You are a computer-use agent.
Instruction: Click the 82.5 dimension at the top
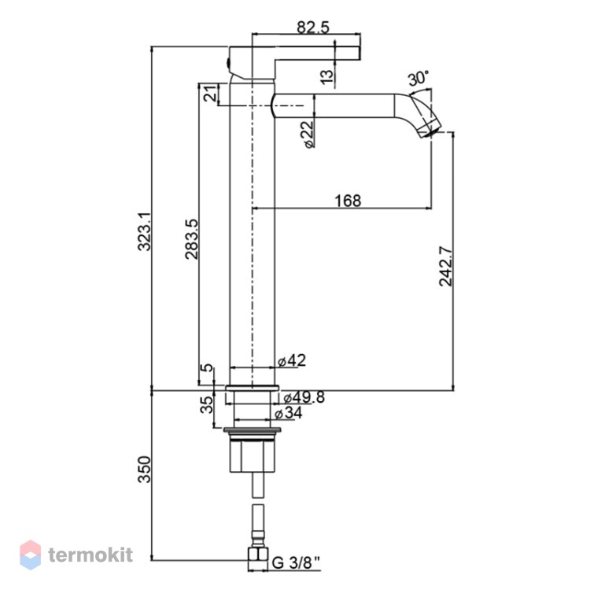(x=312, y=27)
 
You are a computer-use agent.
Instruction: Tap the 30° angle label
(x=419, y=78)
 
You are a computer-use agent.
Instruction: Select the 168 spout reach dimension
(x=348, y=201)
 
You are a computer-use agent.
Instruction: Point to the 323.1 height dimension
(x=144, y=231)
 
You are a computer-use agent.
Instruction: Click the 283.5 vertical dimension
(x=191, y=239)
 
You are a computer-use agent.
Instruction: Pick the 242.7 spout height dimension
(x=446, y=266)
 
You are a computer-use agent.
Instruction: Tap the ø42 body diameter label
(x=292, y=360)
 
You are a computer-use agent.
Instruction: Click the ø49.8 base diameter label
(x=304, y=397)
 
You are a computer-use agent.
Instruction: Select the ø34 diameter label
(x=288, y=413)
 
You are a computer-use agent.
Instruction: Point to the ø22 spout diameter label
(x=308, y=134)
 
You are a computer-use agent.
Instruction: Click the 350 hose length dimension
(x=144, y=469)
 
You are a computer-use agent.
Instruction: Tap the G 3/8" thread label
(x=296, y=563)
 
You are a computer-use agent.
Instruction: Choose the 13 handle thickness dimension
(x=327, y=76)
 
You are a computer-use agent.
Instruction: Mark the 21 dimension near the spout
(x=211, y=93)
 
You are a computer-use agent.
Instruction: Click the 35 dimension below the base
(x=206, y=405)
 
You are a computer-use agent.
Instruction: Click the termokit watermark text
(x=90, y=555)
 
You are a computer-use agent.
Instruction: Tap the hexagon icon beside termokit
(x=31, y=555)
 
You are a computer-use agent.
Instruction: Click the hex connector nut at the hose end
(x=258, y=559)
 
